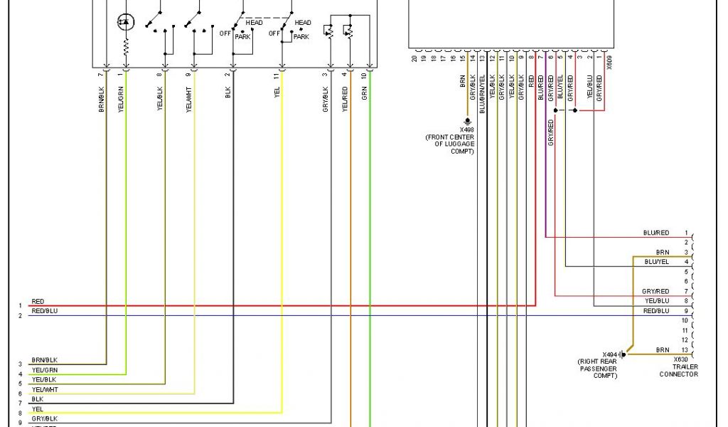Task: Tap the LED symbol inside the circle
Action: pos(125,23)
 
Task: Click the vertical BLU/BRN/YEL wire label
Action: pos(481,97)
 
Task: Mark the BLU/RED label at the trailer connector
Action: pos(655,233)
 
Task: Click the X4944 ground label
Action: pos(611,354)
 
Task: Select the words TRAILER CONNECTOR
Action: pos(678,371)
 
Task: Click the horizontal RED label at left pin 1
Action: pos(38,302)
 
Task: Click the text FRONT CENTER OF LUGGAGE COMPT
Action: pos(451,143)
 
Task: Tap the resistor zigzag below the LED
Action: pos(126,48)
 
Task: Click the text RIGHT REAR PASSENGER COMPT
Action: pos(600,369)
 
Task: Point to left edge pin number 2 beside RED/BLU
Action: pos(20,315)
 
